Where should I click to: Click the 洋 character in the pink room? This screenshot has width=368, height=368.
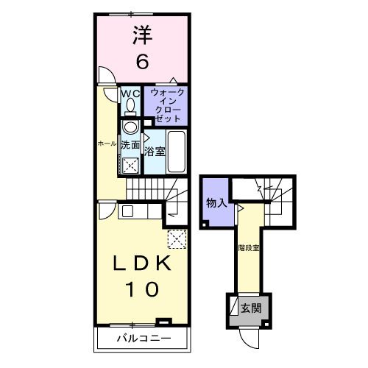click(x=142, y=34)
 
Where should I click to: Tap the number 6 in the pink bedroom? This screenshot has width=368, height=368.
click(x=142, y=62)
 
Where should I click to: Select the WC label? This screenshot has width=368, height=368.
click(x=130, y=93)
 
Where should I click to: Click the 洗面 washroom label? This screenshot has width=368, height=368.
click(x=130, y=145)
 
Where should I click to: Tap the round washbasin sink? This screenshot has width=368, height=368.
click(x=130, y=127)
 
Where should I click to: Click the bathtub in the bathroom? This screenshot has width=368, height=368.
click(x=176, y=150)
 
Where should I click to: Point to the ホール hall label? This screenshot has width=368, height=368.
click(x=107, y=144)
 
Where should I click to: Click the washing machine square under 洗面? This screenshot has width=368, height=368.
click(x=130, y=165)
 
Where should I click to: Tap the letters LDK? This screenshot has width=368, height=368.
click(x=141, y=263)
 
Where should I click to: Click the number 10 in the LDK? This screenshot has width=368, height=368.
click(x=141, y=290)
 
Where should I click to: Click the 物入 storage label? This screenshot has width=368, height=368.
click(x=216, y=202)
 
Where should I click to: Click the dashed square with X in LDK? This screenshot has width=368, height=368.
click(x=177, y=238)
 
